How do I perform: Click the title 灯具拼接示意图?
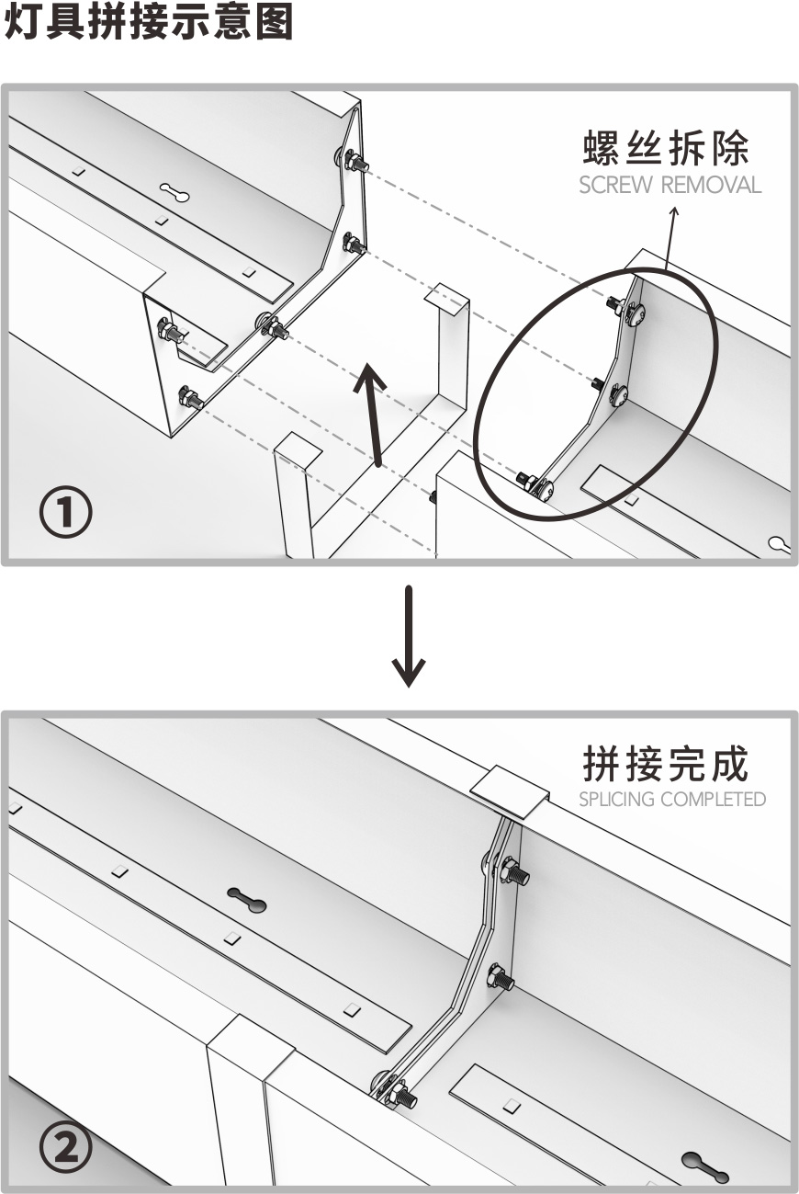[x=149, y=22]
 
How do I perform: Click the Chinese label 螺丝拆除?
[x=667, y=148]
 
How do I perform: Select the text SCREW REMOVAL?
[x=670, y=185]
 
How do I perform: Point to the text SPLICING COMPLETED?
[x=671, y=799]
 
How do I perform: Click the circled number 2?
[x=65, y=1150]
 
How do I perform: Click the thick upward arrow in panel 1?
[x=372, y=413]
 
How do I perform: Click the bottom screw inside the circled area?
[x=535, y=484]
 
